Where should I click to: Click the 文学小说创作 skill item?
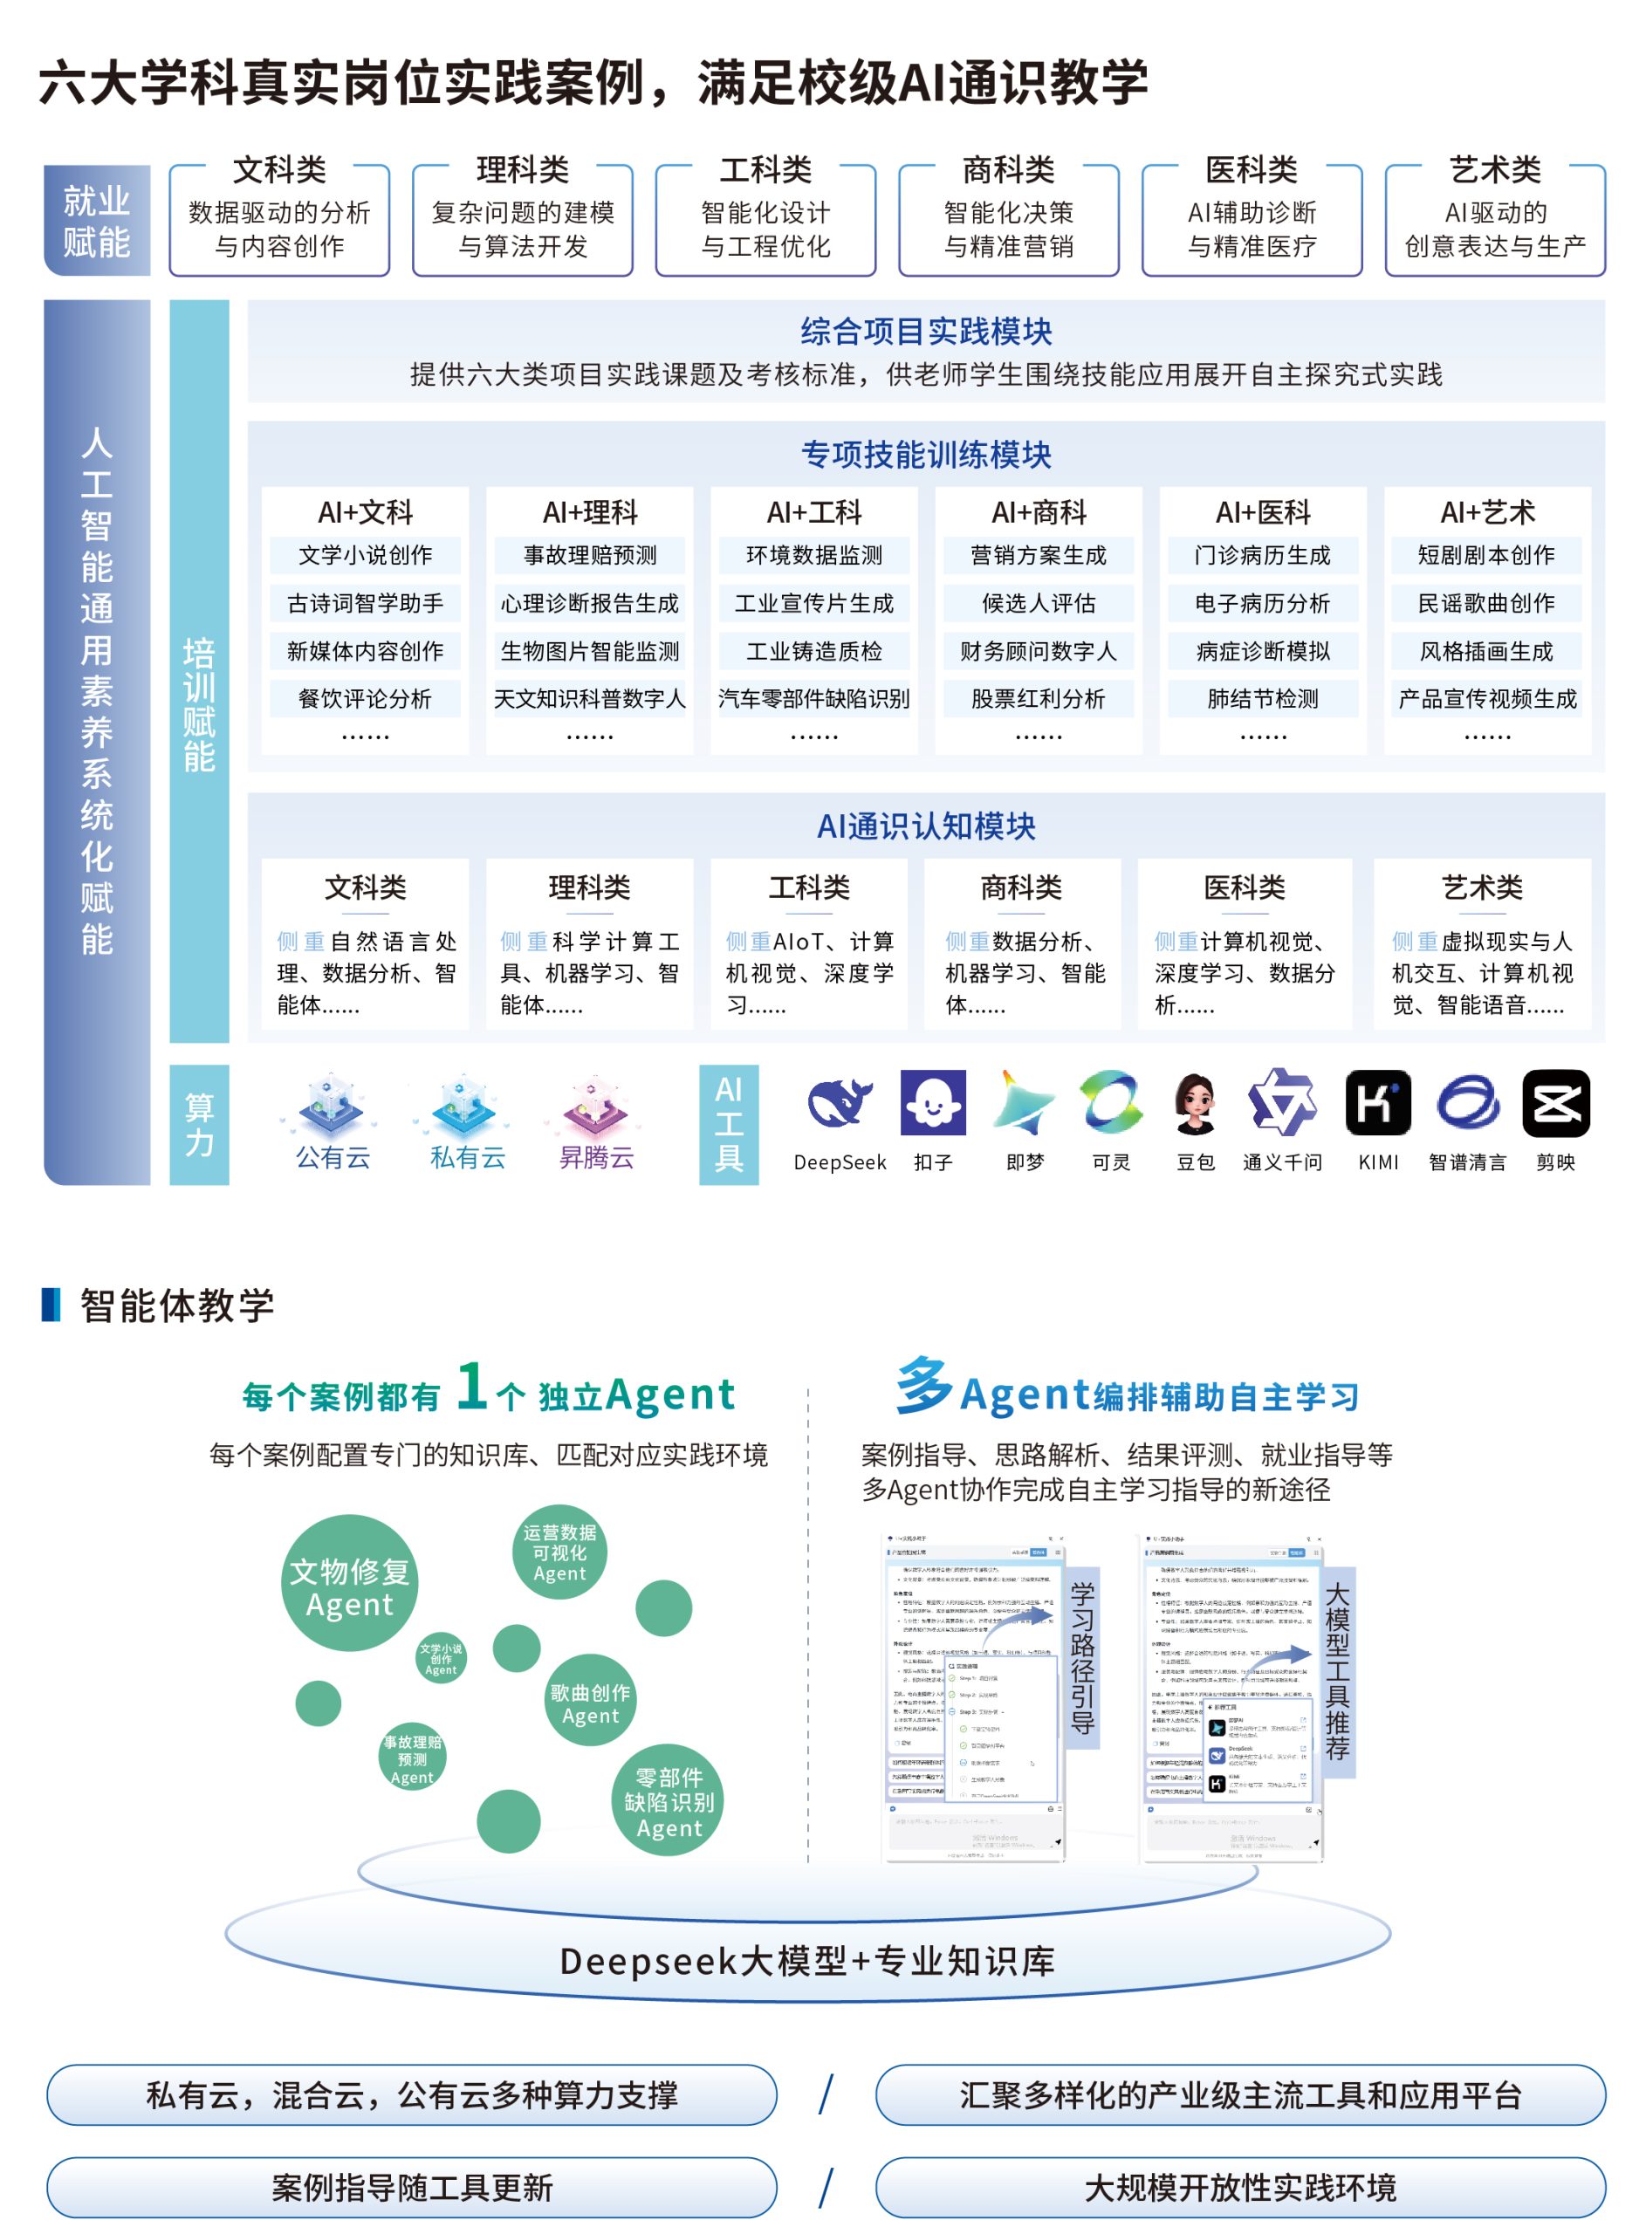[365, 555]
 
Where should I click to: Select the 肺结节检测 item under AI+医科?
[1262, 698]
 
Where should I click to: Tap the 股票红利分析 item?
[1039, 698]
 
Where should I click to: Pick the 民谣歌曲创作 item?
[1485, 603]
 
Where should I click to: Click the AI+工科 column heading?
[813, 512]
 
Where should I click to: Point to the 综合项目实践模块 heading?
[926, 331]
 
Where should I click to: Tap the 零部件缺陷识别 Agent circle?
[669, 1801]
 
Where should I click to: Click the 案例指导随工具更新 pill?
[412, 2187]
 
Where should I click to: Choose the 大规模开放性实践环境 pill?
[1239, 2187]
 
